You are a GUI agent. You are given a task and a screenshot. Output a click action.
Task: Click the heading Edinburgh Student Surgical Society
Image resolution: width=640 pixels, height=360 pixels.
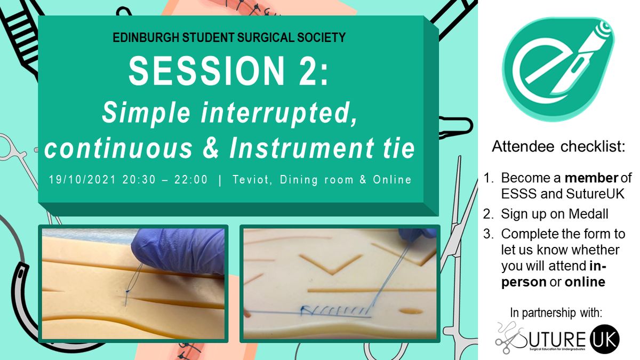[x=229, y=38]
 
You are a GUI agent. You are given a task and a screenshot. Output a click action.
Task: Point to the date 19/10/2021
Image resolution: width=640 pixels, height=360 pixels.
[x=83, y=180]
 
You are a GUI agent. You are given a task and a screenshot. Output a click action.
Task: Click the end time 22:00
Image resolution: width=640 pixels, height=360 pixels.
[x=191, y=180]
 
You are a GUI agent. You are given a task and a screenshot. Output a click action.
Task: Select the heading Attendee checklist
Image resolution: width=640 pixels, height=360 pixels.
[x=558, y=147]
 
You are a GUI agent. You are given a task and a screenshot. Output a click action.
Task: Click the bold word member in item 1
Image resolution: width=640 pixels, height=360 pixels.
[x=591, y=178]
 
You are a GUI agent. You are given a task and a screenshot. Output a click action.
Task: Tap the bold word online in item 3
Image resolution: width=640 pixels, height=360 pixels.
[x=585, y=282]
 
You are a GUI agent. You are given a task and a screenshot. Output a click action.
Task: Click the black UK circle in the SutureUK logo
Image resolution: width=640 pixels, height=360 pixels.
[x=605, y=339]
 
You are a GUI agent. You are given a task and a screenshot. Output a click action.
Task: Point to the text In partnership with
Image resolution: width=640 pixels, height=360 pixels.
[x=556, y=313]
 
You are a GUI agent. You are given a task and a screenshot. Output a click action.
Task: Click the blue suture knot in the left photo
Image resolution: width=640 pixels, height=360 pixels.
[x=127, y=291]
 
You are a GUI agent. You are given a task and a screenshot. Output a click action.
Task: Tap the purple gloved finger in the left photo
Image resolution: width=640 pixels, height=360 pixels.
[x=178, y=251]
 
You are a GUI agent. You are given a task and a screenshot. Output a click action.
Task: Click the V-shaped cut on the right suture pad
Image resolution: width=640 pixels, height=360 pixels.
[x=331, y=264]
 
